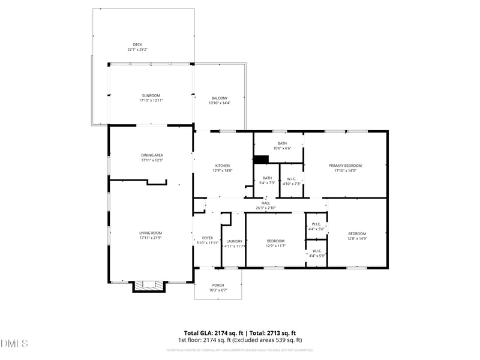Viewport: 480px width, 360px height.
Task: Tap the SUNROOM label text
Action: click(x=151, y=95)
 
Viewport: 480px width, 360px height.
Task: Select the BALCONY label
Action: click(x=220, y=98)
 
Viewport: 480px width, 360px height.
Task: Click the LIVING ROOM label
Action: click(x=151, y=233)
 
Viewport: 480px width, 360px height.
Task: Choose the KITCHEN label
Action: click(x=223, y=166)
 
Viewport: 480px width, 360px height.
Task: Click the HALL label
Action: click(x=266, y=203)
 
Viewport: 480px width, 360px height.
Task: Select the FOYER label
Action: click(x=207, y=238)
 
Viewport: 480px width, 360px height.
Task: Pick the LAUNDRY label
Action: click(x=234, y=241)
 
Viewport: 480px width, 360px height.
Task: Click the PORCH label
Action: click(x=218, y=285)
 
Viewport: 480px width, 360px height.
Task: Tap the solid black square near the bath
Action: click(x=260, y=160)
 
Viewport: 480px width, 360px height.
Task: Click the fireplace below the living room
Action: click(x=148, y=286)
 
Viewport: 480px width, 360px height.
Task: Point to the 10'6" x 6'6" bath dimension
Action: click(x=282, y=148)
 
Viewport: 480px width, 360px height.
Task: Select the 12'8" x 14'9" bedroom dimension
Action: click(x=357, y=238)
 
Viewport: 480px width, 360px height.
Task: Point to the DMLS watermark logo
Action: click(x=14, y=344)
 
